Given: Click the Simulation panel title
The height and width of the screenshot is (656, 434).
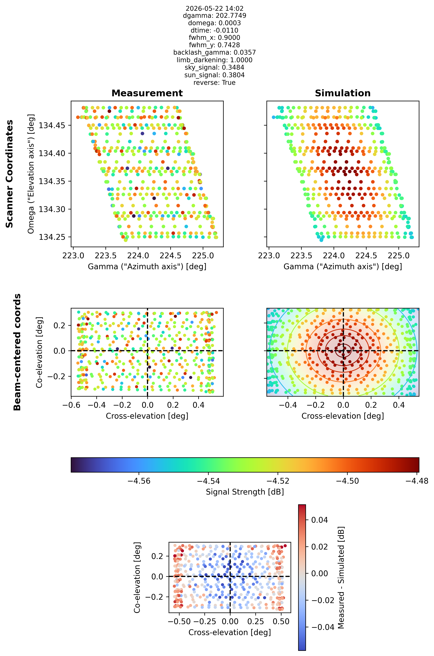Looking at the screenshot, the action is pyautogui.click(x=343, y=93).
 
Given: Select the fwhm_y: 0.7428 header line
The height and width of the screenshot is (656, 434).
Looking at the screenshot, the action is pyautogui.click(x=215, y=45).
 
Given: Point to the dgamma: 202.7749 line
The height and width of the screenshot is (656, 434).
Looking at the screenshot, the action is pyautogui.click(x=215, y=16).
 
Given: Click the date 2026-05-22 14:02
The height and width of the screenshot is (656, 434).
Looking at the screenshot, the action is pyautogui.click(x=215, y=8).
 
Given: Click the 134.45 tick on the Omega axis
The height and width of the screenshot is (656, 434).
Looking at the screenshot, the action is pyautogui.click(x=52, y=126).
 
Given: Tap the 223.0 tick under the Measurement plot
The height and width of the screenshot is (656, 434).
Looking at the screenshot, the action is pyautogui.click(x=74, y=256).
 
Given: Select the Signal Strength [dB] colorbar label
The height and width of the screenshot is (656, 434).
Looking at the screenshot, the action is pyautogui.click(x=245, y=492).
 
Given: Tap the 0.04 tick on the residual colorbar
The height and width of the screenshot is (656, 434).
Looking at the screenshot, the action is pyautogui.click(x=319, y=520).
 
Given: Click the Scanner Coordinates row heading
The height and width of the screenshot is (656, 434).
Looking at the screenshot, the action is pyautogui.click(x=9, y=174).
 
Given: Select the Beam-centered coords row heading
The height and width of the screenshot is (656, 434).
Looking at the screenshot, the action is pyautogui.click(x=17, y=352).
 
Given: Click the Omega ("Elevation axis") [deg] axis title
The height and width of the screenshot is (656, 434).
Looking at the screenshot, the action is pyautogui.click(x=31, y=174).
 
